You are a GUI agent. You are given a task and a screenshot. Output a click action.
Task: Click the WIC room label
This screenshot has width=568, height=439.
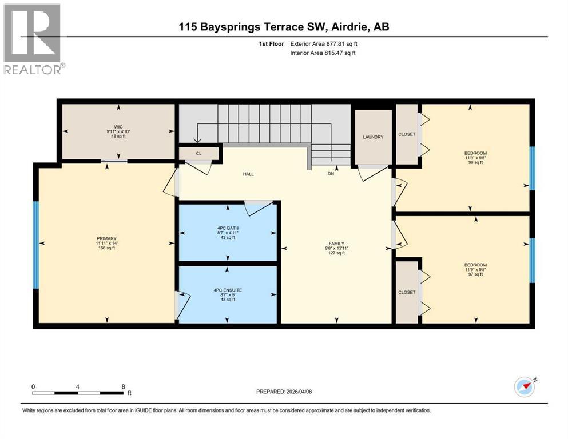click(x=118, y=127)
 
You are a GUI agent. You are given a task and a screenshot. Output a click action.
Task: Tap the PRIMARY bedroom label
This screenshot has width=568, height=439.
click(x=106, y=238)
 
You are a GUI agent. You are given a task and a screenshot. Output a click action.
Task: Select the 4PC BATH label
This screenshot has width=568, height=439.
click(x=228, y=228)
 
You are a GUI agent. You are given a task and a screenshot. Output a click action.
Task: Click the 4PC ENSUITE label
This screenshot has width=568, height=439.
click(x=228, y=290)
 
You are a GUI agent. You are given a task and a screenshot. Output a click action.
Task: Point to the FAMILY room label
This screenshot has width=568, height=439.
click(x=336, y=244)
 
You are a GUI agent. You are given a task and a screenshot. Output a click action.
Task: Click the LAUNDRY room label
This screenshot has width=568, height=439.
click(x=373, y=137)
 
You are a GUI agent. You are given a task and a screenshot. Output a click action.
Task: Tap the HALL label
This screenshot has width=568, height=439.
click(x=248, y=174)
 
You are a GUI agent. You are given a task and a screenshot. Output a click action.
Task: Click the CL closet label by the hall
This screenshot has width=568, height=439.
click(x=198, y=153)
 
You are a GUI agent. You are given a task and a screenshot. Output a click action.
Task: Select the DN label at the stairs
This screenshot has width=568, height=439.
click(x=331, y=174)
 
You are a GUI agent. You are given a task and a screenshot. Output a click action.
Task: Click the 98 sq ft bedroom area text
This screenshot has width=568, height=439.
click(x=476, y=162)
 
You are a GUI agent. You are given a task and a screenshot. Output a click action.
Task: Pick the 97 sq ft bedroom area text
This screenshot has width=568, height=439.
click(x=476, y=274)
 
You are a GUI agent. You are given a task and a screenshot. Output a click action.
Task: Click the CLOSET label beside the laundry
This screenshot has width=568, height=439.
click(x=407, y=134)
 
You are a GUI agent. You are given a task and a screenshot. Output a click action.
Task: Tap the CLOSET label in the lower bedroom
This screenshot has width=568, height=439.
click(x=407, y=292)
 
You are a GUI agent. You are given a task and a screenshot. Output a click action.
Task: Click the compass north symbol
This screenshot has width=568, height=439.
click(x=525, y=387)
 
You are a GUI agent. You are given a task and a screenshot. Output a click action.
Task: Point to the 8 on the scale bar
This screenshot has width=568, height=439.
click(x=124, y=386)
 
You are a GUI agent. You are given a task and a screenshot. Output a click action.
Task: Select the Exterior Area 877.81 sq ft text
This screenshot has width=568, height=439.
click(x=324, y=44)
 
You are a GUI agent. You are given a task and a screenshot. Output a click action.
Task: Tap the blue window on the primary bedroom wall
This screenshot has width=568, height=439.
click(x=36, y=245)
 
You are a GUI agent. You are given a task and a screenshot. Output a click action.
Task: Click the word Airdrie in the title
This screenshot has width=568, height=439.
click(x=349, y=27)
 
